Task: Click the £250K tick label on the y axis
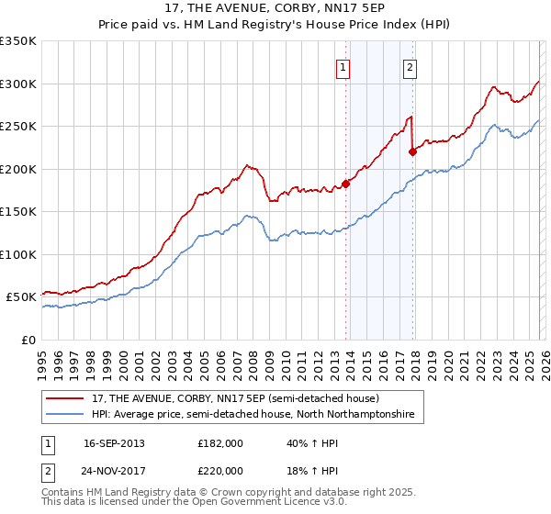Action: click(18, 126)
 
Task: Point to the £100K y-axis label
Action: click(18, 254)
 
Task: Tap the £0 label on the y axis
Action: click(28, 340)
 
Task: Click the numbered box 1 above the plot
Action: click(343, 66)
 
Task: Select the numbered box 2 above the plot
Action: click(410, 66)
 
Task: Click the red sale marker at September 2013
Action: click(345, 184)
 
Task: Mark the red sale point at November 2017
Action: click(412, 151)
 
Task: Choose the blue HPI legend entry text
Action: click(253, 415)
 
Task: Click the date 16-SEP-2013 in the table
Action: click(114, 443)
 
